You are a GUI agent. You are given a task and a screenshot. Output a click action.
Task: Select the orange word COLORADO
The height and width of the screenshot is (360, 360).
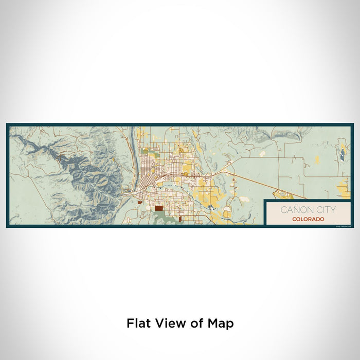(x=308, y=219)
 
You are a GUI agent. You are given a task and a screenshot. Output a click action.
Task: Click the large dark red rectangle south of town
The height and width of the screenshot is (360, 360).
(x=159, y=209)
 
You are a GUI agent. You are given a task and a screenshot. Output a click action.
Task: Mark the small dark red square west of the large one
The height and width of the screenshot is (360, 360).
(x=139, y=202)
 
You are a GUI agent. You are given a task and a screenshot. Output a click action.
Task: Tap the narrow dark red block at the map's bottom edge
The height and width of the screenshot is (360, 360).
(x=181, y=220)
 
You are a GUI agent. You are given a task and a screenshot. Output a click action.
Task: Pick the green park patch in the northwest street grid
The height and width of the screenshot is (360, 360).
(x=146, y=150)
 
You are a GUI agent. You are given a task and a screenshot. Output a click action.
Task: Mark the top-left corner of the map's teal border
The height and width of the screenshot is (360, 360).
(x=7, y=124)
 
